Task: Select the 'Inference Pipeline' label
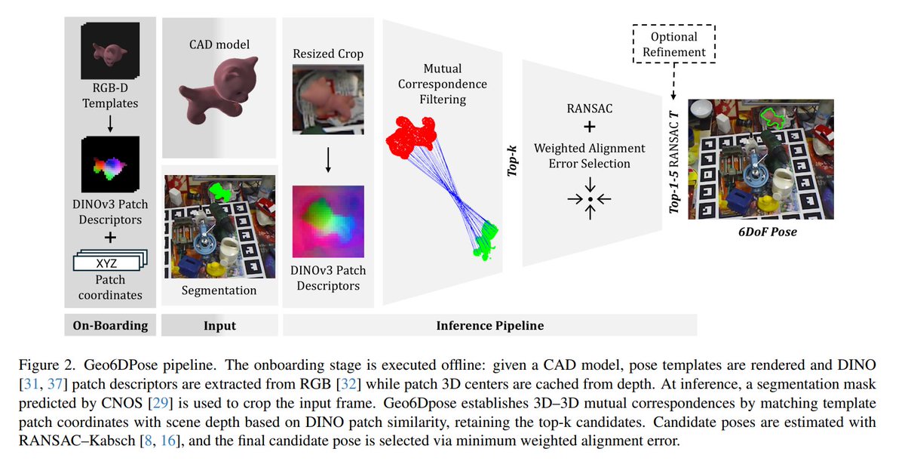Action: click(489, 326)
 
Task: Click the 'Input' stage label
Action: click(219, 326)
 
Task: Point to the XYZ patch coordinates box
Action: click(107, 263)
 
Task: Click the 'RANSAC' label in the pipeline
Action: click(590, 107)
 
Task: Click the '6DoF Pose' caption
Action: click(767, 232)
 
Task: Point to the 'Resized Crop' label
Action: click(328, 54)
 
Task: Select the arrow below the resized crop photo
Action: click(329, 159)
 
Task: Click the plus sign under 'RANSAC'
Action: click(590, 126)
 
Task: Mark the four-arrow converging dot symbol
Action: click(590, 199)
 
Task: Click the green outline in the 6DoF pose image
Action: click(771, 116)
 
